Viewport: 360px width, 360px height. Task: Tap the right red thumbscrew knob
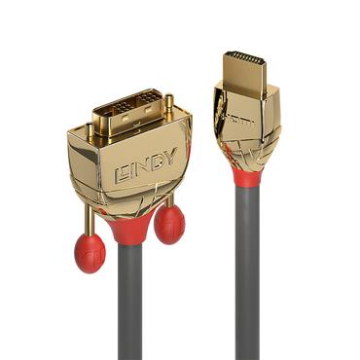point(168,224)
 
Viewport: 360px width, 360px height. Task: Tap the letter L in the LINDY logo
point(121,176)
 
